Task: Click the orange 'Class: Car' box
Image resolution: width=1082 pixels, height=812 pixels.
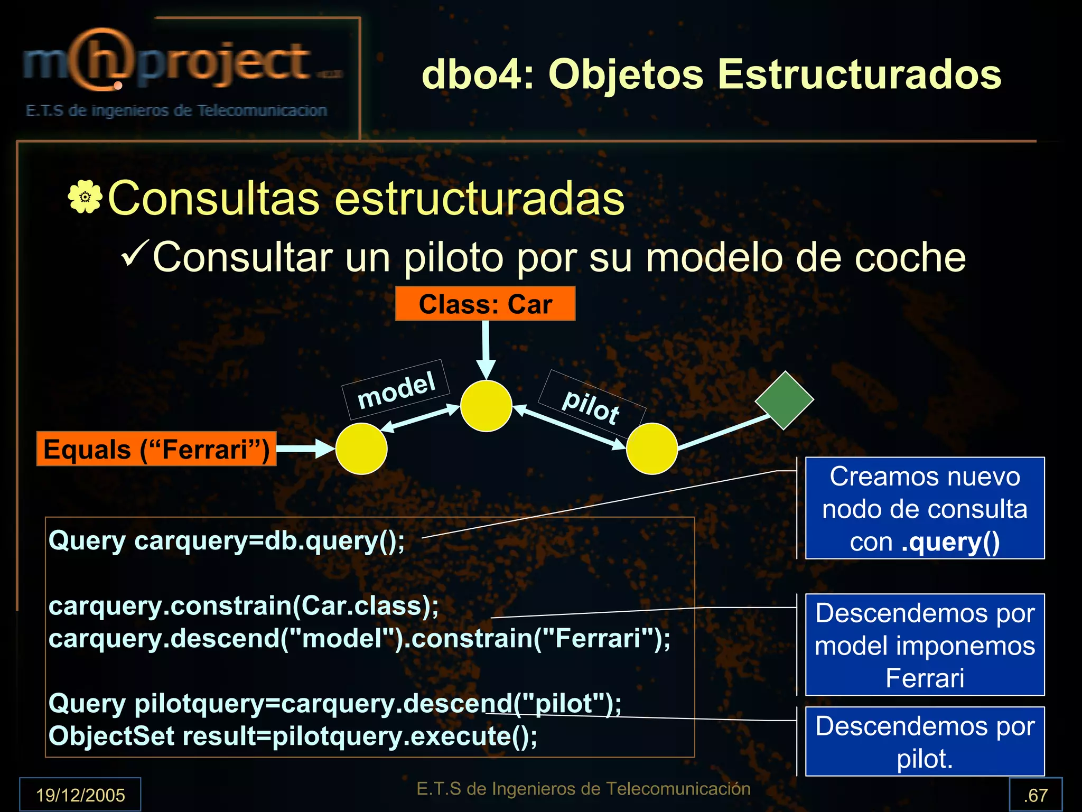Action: tap(485, 304)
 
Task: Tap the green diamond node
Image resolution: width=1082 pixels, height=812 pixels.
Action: tap(784, 400)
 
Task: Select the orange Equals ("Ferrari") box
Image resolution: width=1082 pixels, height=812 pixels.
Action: tap(156, 449)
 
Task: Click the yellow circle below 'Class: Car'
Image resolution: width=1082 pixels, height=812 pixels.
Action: tap(486, 406)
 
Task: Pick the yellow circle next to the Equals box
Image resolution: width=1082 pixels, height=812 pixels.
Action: tap(361, 449)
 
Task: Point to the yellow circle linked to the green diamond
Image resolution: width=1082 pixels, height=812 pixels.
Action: tap(651, 449)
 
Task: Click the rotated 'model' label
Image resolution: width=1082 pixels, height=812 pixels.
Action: tap(396, 390)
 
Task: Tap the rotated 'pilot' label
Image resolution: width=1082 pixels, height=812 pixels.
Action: tap(591, 406)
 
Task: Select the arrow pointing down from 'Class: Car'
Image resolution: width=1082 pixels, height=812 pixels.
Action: tap(486, 349)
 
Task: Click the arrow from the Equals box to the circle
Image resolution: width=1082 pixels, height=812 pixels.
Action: tap(305, 449)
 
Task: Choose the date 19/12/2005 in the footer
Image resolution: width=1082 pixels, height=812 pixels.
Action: tap(80, 795)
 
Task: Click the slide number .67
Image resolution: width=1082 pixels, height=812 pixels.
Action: tap(1035, 795)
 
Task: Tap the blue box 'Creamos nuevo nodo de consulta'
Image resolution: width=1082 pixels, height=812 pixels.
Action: tap(925, 508)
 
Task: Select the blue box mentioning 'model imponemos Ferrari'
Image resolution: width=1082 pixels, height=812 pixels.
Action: tap(925, 645)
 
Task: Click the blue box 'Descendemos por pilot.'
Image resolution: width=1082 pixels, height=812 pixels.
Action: tap(925, 741)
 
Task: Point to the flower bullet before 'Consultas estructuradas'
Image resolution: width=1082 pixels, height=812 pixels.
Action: tap(85, 197)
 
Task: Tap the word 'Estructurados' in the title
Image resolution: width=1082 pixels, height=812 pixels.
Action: tap(859, 74)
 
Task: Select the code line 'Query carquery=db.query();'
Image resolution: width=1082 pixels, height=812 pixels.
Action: tap(227, 541)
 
